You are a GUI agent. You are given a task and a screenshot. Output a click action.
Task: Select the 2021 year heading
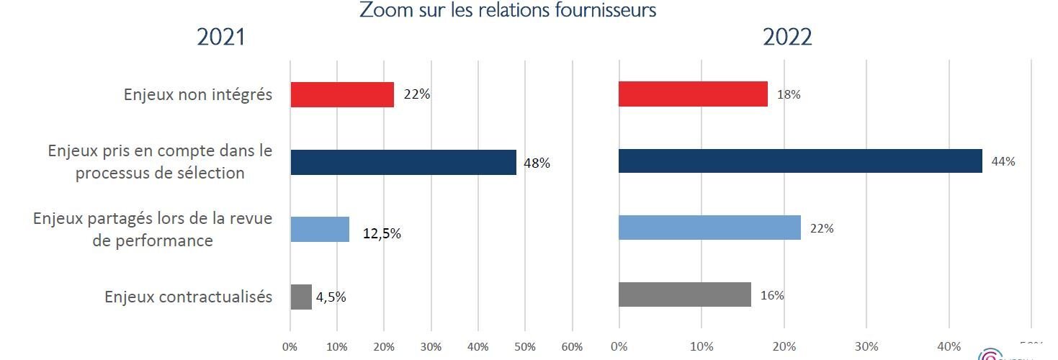click(221, 37)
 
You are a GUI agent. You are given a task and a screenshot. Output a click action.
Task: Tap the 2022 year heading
click(787, 37)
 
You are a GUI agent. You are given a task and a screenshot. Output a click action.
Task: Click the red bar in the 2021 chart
click(342, 94)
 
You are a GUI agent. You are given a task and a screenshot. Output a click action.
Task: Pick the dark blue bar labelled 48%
click(403, 162)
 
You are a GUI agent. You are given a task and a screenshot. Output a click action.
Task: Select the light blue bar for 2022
click(709, 228)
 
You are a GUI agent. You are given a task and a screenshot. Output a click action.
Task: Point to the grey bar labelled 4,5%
click(301, 297)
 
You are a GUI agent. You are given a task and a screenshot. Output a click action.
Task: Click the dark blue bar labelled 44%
click(799, 161)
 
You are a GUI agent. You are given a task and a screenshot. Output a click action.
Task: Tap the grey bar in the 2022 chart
click(684, 294)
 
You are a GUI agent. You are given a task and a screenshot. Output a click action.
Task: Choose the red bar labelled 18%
click(693, 94)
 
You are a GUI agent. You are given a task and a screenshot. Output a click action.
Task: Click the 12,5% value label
click(382, 233)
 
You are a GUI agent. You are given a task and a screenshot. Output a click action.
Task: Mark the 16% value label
click(773, 295)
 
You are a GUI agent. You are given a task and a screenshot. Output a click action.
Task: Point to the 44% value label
click(1003, 161)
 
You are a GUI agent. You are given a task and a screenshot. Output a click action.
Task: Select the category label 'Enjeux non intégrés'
click(198, 94)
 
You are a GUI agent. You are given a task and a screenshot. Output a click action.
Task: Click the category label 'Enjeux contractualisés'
click(189, 297)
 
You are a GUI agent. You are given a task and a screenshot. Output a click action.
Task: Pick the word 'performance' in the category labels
click(153, 240)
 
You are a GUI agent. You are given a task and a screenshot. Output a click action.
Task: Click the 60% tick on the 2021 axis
click(572, 346)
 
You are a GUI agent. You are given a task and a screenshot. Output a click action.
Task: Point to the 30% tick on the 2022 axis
click(866, 346)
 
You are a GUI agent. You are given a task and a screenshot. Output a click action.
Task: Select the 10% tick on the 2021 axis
click(336, 346)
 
